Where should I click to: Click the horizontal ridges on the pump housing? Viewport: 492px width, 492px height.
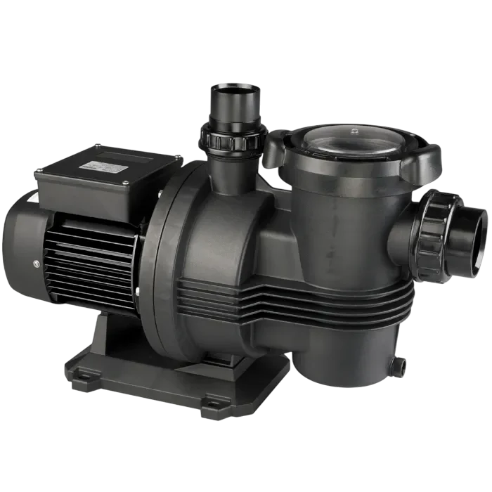point(295,295)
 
